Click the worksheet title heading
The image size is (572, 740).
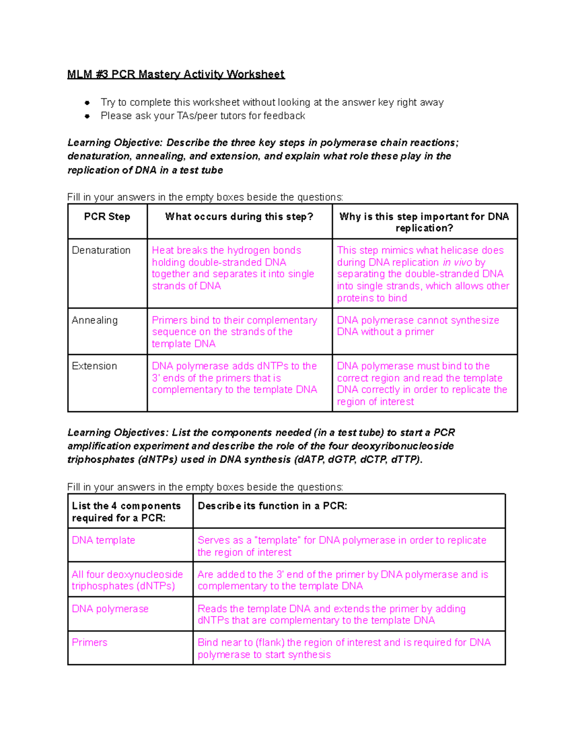tap(175, 74)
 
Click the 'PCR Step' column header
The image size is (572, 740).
tap(107, 217)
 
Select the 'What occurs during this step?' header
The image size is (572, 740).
tap(239, 217)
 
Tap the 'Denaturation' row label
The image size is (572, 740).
tap(101, 251)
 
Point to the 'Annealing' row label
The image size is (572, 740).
tap(94, 320)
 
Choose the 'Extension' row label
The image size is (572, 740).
tap(94, 366)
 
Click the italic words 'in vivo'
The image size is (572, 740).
tap(457, 263)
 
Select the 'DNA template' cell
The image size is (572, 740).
tap(103, 540)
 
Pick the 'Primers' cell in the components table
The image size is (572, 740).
tap(90, 643)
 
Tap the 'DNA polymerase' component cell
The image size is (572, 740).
tap(110, 609)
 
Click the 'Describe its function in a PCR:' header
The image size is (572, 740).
tap(272, 506)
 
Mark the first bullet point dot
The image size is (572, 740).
tap(87, 102)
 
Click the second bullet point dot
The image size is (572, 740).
tap(87, 116)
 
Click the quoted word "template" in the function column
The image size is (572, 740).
tap(278, 540)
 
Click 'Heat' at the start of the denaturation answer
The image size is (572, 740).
tap(163, 251)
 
